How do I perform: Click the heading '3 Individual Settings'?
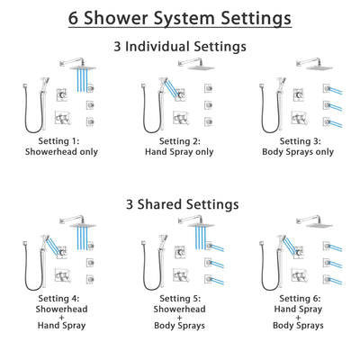click(x=180, y=45)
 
